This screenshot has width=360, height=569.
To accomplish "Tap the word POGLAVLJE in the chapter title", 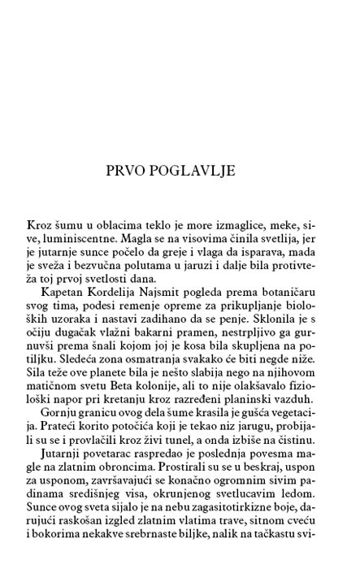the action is [194, 172].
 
